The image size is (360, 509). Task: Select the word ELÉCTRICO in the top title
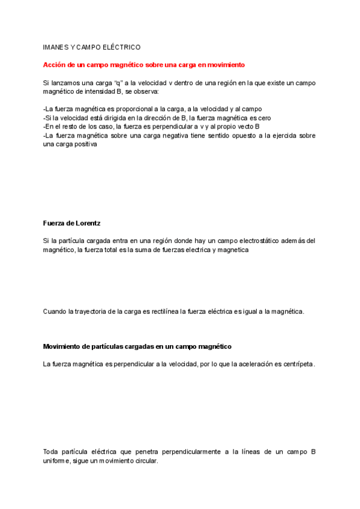(x=121, y=46)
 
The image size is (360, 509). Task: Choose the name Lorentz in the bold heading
(x=85, y=223)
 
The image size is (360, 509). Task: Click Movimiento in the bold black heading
(x=64, y=347)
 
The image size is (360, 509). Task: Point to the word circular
(x=145, y=461)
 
